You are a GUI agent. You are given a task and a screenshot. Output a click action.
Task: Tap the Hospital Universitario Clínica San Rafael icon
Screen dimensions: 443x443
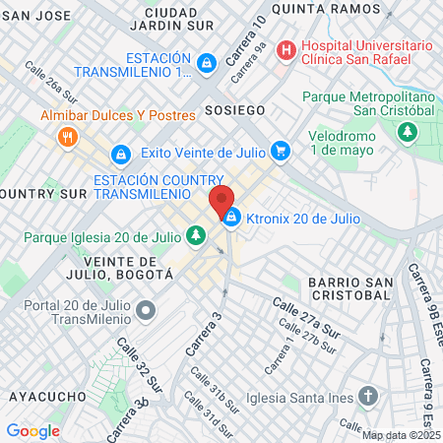(285, 48)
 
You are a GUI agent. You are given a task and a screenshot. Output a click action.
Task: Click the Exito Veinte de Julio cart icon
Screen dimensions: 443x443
(281, 151)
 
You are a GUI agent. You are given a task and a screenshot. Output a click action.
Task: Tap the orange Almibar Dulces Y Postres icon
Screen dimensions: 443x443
(67, 136)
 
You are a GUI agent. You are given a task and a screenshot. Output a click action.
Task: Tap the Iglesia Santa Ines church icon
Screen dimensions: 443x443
(368, 398)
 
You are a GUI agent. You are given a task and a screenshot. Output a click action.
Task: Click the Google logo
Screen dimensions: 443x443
(32, 430)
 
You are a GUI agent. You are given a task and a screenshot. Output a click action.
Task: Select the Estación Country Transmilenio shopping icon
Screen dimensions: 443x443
(121, 155)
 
